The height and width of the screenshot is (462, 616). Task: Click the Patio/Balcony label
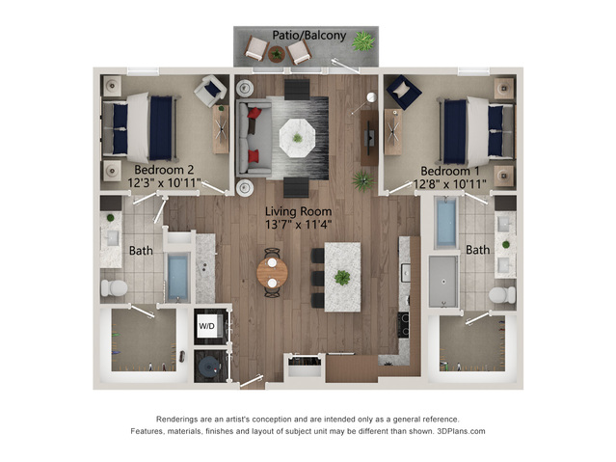point(309,36)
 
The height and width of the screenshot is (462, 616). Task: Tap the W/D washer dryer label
point(206,326)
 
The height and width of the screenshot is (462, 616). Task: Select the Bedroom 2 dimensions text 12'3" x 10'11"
point(164,183)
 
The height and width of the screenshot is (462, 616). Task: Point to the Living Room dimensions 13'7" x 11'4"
point(298,225)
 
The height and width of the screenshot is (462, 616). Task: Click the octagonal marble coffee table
point(297,138)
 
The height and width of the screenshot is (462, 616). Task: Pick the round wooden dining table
point(272,272)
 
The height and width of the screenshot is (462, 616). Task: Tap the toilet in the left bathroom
point(114,287)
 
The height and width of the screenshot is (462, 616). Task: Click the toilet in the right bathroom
point(502,294)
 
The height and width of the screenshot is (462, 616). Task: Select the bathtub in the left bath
point(177,277)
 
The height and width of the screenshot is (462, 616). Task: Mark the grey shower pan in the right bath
point(443,282)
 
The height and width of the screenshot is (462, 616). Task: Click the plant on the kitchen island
point(342,278)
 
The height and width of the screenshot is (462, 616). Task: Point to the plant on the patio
point(363,41)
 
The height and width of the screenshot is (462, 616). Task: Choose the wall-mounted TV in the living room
point(369,138)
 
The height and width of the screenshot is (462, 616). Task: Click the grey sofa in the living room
point(254,138)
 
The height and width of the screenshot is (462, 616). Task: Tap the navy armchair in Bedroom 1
point(404,92)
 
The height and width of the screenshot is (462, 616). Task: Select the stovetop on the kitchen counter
point(404,324)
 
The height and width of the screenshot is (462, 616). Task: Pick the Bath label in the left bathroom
point(141,251)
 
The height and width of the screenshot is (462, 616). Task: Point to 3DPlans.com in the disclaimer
point(461,431)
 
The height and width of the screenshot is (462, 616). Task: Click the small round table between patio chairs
point(277,53)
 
